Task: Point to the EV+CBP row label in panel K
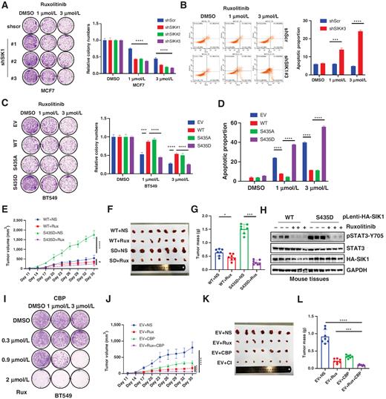click(x=219, y=365)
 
